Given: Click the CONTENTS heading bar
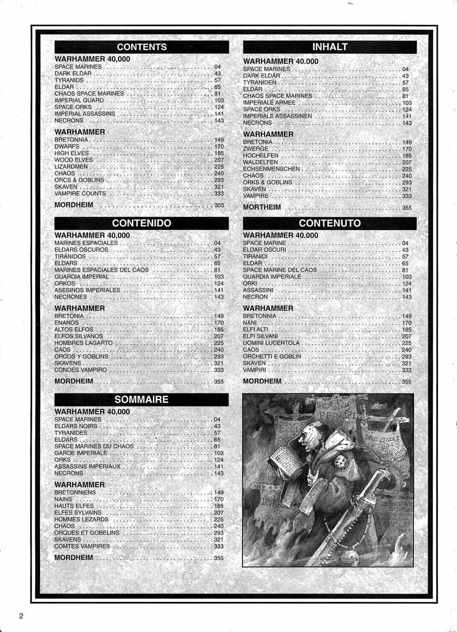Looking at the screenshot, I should coord(141,47).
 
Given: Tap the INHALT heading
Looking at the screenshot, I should coord(329,47).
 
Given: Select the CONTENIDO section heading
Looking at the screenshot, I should coord(141,223).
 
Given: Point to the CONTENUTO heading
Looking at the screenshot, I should coord(329,223).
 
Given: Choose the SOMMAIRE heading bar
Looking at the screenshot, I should coord(141,399).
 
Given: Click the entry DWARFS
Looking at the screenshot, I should coord(67,146).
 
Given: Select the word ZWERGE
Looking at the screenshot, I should coord(256,149).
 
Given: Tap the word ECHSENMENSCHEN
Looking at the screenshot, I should coord(271,169).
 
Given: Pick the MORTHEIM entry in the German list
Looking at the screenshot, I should coord(261,208).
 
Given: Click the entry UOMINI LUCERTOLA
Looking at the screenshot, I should coord(271,343).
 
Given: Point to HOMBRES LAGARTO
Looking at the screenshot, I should coord(76,343).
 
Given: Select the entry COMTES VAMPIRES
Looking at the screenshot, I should coord(82,547).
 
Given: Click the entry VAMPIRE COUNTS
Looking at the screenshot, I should coord(80,194).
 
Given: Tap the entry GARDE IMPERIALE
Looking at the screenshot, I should coord(81,453).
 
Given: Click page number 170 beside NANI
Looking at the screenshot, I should coord(406,323).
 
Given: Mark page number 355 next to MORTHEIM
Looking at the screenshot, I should coord(406,208).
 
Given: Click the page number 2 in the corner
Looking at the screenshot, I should coord(22,616).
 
